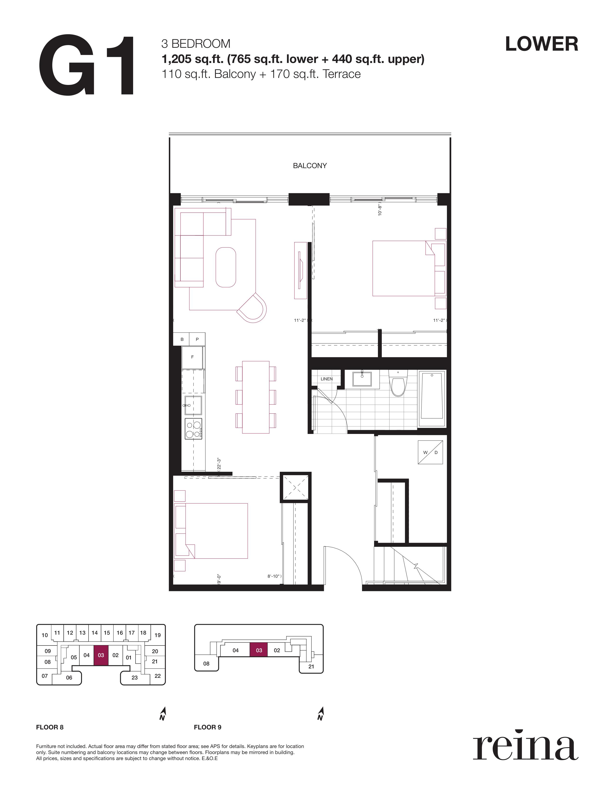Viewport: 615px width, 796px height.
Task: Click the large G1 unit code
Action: [86, 66]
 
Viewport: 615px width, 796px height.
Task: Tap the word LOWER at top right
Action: [541, 44]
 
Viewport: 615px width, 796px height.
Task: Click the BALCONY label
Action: [310, 166]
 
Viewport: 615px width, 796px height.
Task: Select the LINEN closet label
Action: [327, 379]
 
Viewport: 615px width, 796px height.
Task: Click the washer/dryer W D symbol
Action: [430, 452]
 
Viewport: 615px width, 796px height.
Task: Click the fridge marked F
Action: [193, 357]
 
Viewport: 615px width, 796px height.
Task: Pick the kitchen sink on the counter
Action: [193, 405]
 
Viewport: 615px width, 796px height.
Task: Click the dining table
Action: [256, 397]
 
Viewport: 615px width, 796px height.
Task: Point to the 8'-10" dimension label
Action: [274, 576]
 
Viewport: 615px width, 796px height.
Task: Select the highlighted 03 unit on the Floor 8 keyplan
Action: [101, 655]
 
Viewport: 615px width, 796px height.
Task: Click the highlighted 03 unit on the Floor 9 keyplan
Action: [259, 650]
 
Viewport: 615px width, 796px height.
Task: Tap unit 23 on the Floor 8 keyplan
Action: [134, 678]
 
